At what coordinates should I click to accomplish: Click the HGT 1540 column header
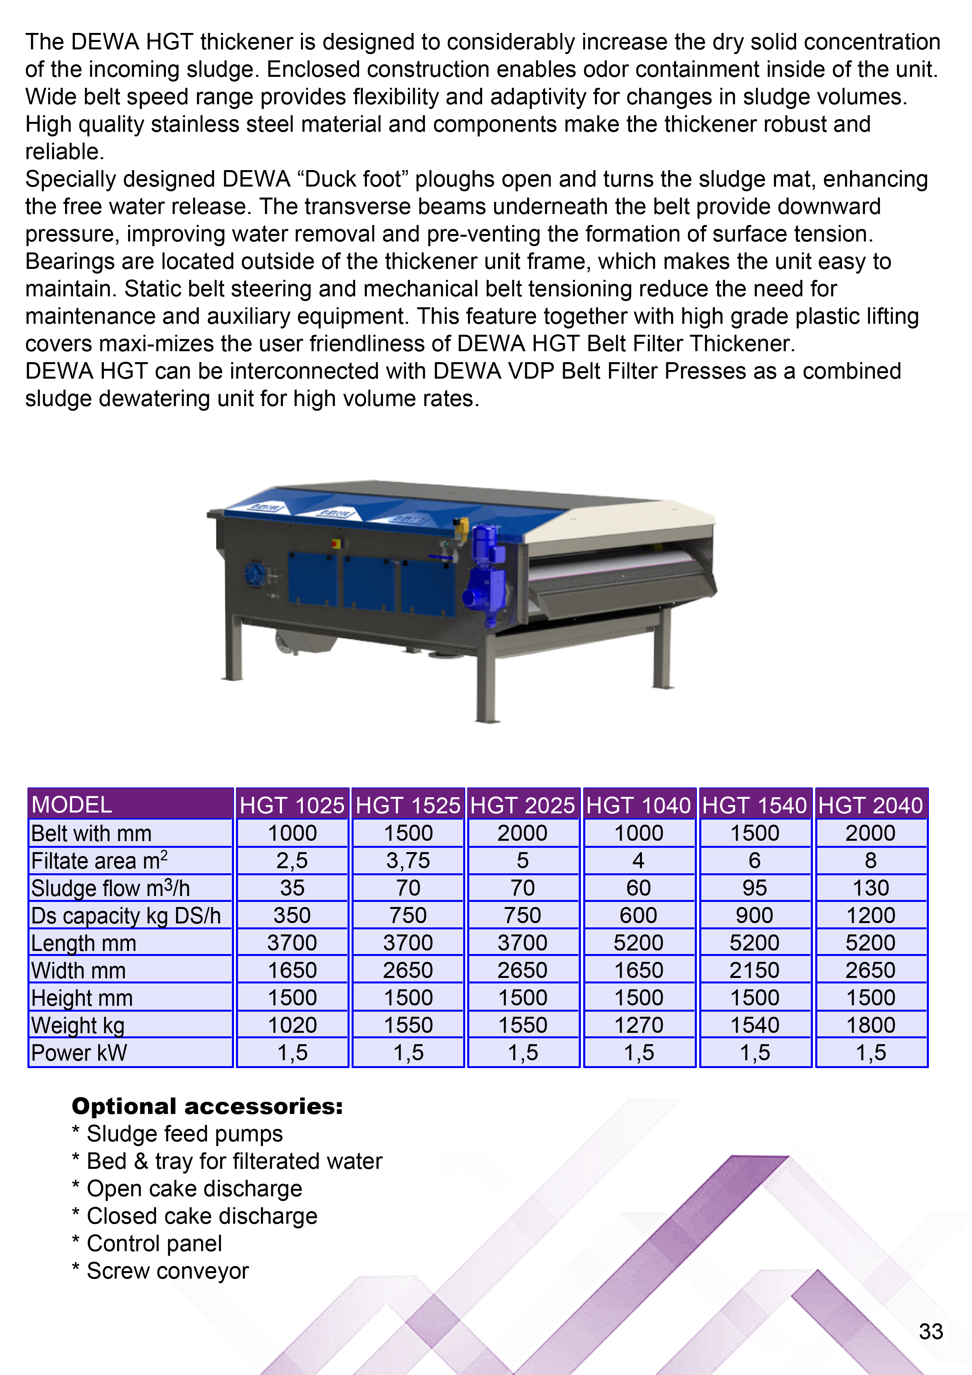coord(754,805)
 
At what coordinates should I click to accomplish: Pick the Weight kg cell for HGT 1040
coord(638,1025)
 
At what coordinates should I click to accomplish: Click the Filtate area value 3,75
coord(408,861)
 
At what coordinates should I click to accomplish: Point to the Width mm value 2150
coord(754,970)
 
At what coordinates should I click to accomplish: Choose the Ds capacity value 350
coord(292,915)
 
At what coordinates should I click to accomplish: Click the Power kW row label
coord(79,1052)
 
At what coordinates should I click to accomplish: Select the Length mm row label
coord(84,943)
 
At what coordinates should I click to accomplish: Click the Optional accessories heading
coord(207,1106)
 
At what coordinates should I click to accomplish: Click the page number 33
coord(931,1331)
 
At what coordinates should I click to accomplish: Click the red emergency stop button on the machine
coord(335,544)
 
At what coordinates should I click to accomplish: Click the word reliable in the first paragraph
coord(64,152)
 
